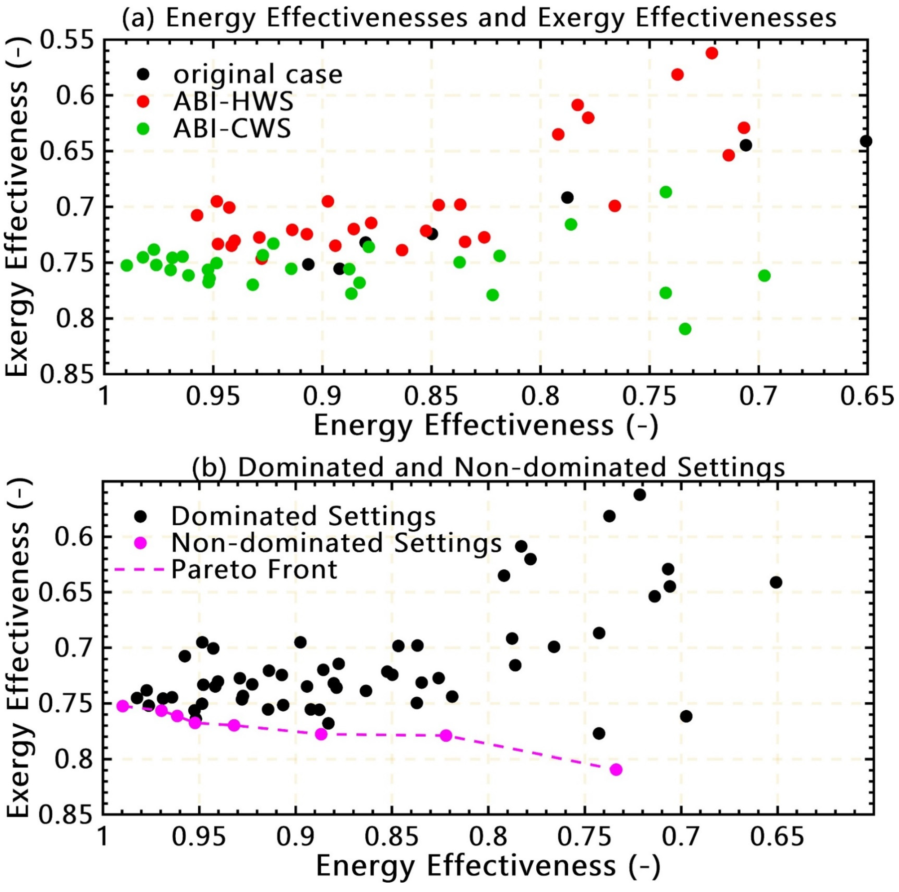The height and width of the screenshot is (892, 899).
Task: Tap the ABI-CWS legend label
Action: click(x=232, y=128)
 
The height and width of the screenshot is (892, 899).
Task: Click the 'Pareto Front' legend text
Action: click(x=254, y=569)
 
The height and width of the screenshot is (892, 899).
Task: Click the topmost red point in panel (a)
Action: click(x=711, y=53)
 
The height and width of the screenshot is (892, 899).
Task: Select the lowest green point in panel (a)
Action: click(x=685, y=329)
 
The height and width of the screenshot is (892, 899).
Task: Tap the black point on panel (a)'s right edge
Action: click(x=866, y=141)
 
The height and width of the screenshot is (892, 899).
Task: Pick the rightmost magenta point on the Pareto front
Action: click(x=616, y=769)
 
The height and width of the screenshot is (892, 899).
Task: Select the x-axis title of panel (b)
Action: click(x=488, y=866)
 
